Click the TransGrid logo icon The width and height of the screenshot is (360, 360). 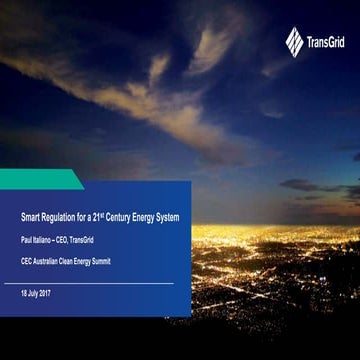click(294, 41)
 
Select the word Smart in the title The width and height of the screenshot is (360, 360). click(29, 217)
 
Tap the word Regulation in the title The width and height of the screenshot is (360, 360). click(56, 217)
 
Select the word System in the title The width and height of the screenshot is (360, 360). click(170, 217)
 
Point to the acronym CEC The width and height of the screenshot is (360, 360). click(26, 259)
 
